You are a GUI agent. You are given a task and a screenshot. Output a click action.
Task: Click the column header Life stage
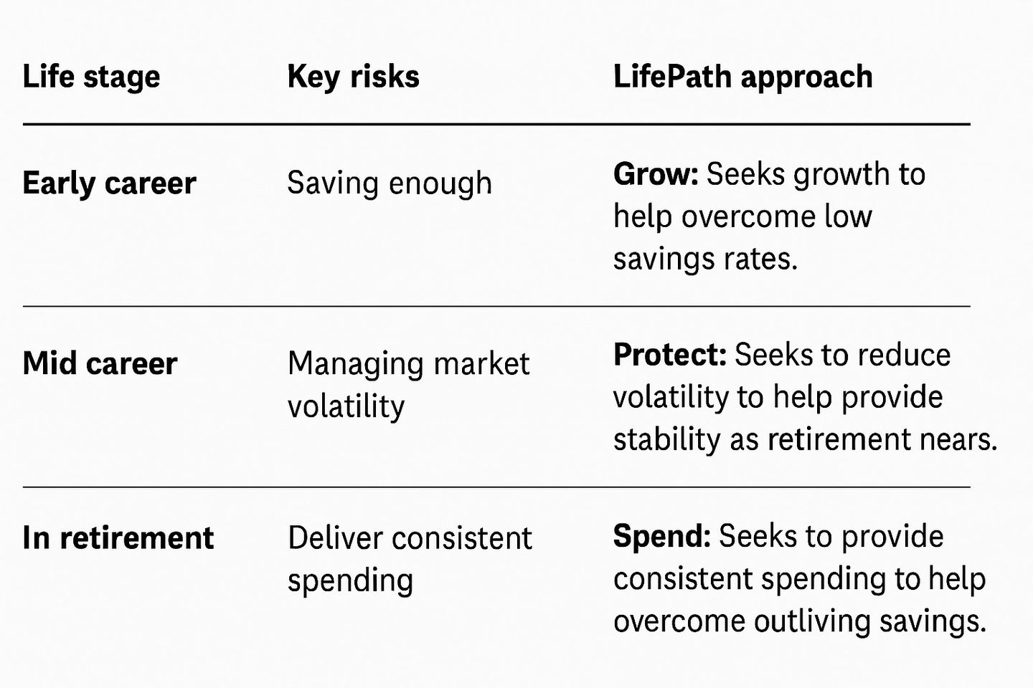tap(91, 77)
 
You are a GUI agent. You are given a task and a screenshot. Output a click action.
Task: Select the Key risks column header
tap(353, 77)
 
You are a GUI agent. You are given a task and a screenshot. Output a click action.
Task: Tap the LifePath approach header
tap(743, 77)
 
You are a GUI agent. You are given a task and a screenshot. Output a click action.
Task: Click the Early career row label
tap(109, 183)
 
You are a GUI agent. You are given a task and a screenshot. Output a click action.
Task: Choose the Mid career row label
tap(100, 363)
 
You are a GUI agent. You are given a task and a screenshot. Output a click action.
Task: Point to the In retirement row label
tap(118, 537)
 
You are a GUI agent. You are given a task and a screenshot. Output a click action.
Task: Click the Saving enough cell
tap(390, 183)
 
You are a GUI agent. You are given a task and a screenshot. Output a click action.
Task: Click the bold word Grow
tap(656, 174)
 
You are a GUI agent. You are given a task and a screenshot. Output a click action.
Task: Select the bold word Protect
tap(669, 355)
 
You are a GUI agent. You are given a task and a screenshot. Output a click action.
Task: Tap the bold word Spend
tap(661, 537)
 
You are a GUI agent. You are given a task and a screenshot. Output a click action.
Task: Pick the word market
tap(481, 363)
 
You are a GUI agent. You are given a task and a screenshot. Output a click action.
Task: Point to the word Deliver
tap(335, 537)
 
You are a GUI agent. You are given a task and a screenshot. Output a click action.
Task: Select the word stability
tap(667, 439)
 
